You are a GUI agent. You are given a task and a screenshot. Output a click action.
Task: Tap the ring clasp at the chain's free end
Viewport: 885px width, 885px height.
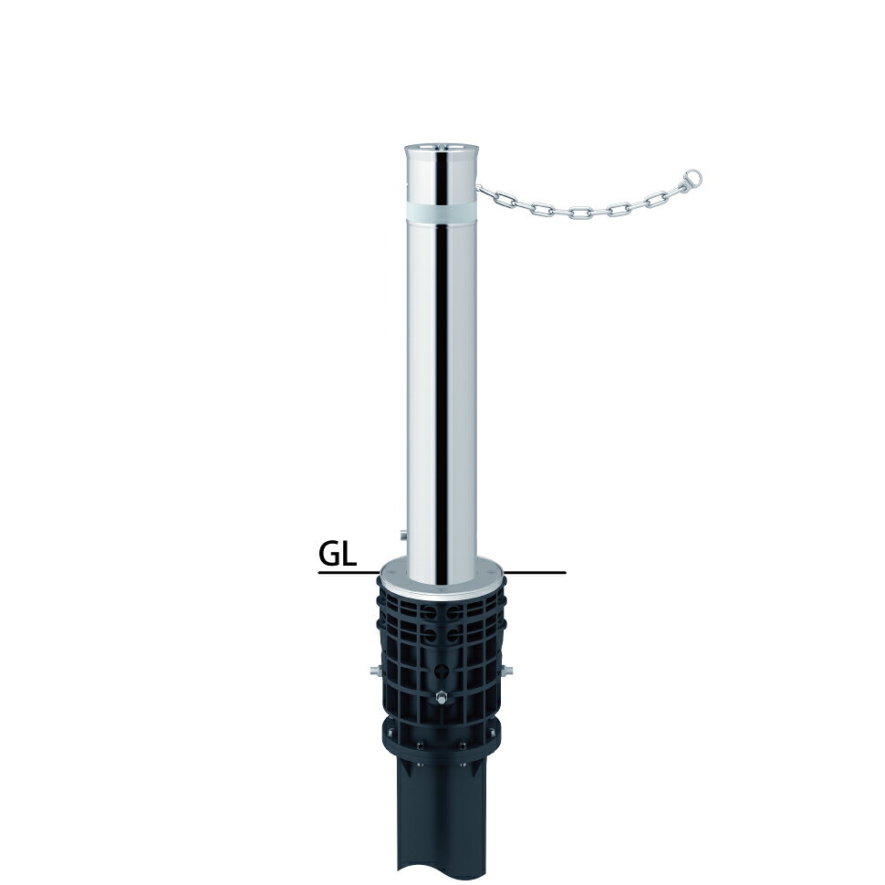click(692, 180)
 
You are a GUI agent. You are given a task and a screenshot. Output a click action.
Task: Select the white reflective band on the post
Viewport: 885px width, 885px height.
click(442, 213)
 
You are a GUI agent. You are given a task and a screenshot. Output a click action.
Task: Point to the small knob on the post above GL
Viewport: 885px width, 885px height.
click(401, 534)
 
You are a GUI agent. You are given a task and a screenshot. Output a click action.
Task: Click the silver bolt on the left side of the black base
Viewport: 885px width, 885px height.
click(374, 671)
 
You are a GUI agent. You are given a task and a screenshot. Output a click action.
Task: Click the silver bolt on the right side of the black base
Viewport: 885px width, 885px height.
click(507, 671)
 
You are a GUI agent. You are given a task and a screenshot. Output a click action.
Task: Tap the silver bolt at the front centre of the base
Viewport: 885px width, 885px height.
click(441, 698)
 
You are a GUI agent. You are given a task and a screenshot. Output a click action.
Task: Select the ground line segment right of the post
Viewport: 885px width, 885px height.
click(535, 573)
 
